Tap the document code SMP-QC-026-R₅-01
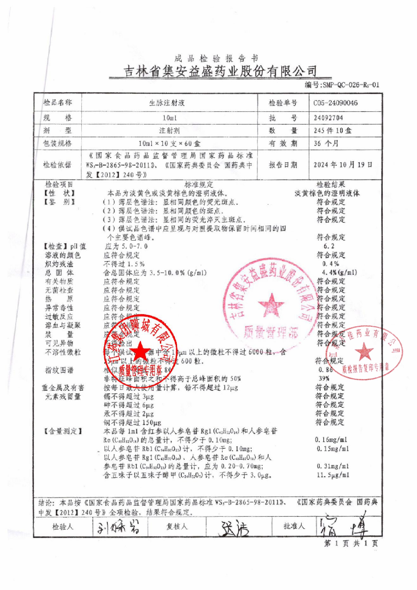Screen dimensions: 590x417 coord(342,85)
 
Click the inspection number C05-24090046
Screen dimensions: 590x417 coord(336,103)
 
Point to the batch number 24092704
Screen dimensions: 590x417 coord(328,118)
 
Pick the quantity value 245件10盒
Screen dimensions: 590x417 coord(332,131)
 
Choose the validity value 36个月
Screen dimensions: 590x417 coord(326,143)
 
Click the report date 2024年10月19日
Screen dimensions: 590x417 coord(343,165)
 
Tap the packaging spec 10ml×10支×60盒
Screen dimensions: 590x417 coord(169,144)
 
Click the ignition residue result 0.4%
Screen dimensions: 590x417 coord(331,264)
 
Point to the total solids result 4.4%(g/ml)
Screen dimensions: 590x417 coord(339,272)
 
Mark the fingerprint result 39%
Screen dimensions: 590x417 coord(324,378)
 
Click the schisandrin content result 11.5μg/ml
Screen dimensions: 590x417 coord(333,475)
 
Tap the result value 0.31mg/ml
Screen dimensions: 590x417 coord(333,466)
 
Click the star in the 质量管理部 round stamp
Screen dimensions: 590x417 coord(271,305)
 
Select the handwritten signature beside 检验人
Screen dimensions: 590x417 coord(118,527)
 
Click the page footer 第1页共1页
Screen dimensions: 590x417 coord(351,543)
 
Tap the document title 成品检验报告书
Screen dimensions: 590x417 coord(217,58)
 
